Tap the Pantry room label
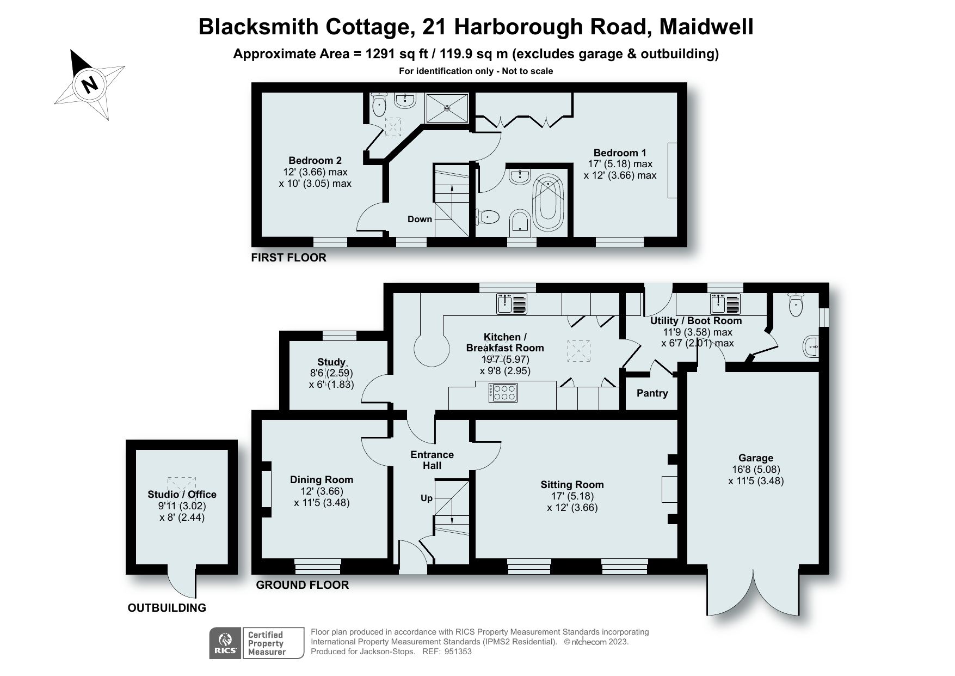click(x=651, y=393)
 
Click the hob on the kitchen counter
click(x=503, y=392)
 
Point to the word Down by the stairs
click(x=420, y=219)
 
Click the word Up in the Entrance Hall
click(x=427, y=498)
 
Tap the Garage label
click(x=755, y=458)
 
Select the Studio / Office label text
click(x=182, y=495)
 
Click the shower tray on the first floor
click(x=447, y=108)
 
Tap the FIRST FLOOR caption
click(x=288, y=258)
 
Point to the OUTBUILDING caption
click(x=167, y=608)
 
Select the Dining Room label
click(x=321, y=480)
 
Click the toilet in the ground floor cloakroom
click(x=795, y=306)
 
